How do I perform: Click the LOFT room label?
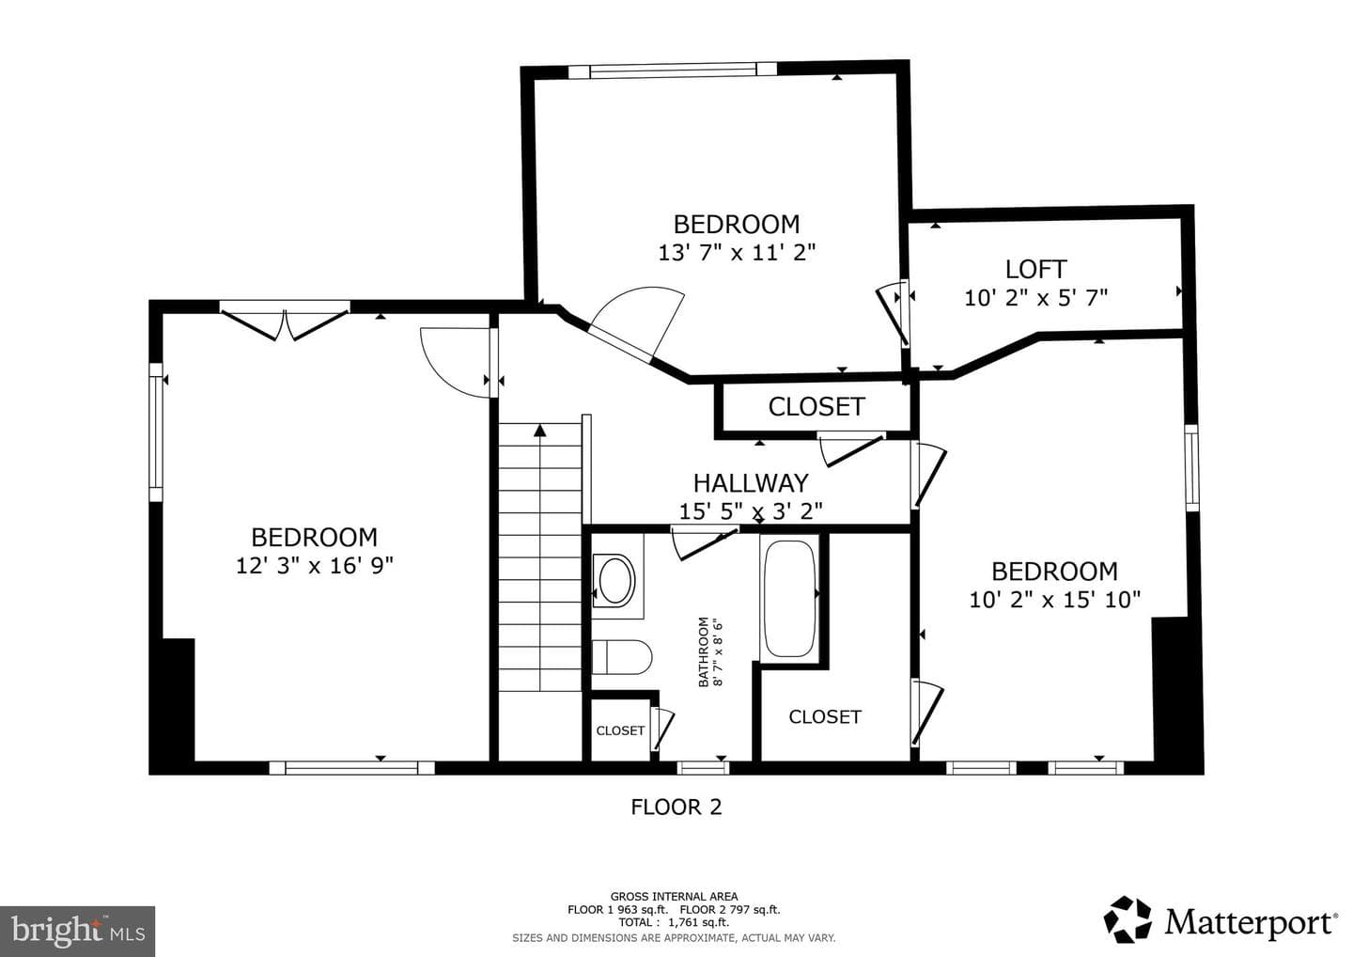coord(1035,270)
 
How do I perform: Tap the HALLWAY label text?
coord(750,483)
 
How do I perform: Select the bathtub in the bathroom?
coord(789,598)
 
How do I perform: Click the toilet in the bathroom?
coord(622,657)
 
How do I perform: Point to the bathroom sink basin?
coord(614,581)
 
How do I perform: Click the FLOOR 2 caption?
coord(676,808)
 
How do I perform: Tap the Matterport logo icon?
coord(1127,920)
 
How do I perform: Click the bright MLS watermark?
coord(78,931)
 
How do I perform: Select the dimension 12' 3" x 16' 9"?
coord(314,566)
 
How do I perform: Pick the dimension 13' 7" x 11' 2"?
coord(737,253)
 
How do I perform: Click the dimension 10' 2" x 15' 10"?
coord(1054,600)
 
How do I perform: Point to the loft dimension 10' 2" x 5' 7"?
coord(1035,298)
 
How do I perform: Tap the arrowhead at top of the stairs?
coord(540,431)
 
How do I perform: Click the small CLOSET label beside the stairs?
coord(620,730)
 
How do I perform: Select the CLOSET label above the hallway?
coord(816,407)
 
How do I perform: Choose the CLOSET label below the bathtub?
coord(825,716)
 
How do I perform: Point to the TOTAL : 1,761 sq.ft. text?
coord(674,922)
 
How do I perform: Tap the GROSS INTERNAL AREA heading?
coord(674,897)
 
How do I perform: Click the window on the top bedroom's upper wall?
coord(673,71)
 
